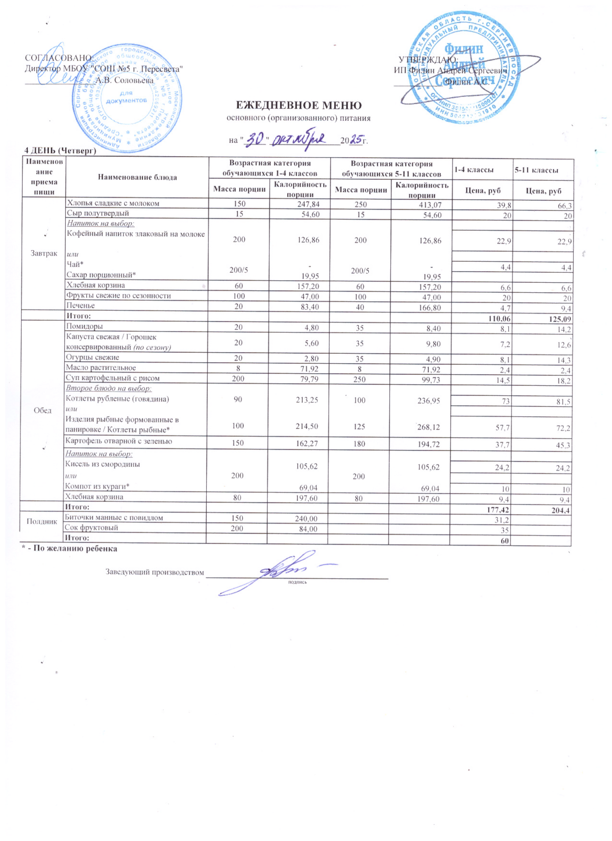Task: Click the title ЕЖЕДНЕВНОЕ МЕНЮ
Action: [298, 106]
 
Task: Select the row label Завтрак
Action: [44, 253]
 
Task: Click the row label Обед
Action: [43, 410]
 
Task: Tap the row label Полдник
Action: [42, 521]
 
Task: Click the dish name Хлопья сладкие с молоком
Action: [113, 203]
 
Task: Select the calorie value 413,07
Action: [429, 204]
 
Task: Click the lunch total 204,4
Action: [560, 510]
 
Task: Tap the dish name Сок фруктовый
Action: [91, 528]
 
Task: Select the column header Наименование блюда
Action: [137, 177]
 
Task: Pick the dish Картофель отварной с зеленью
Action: [118, 442]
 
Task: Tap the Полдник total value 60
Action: [505, 541]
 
